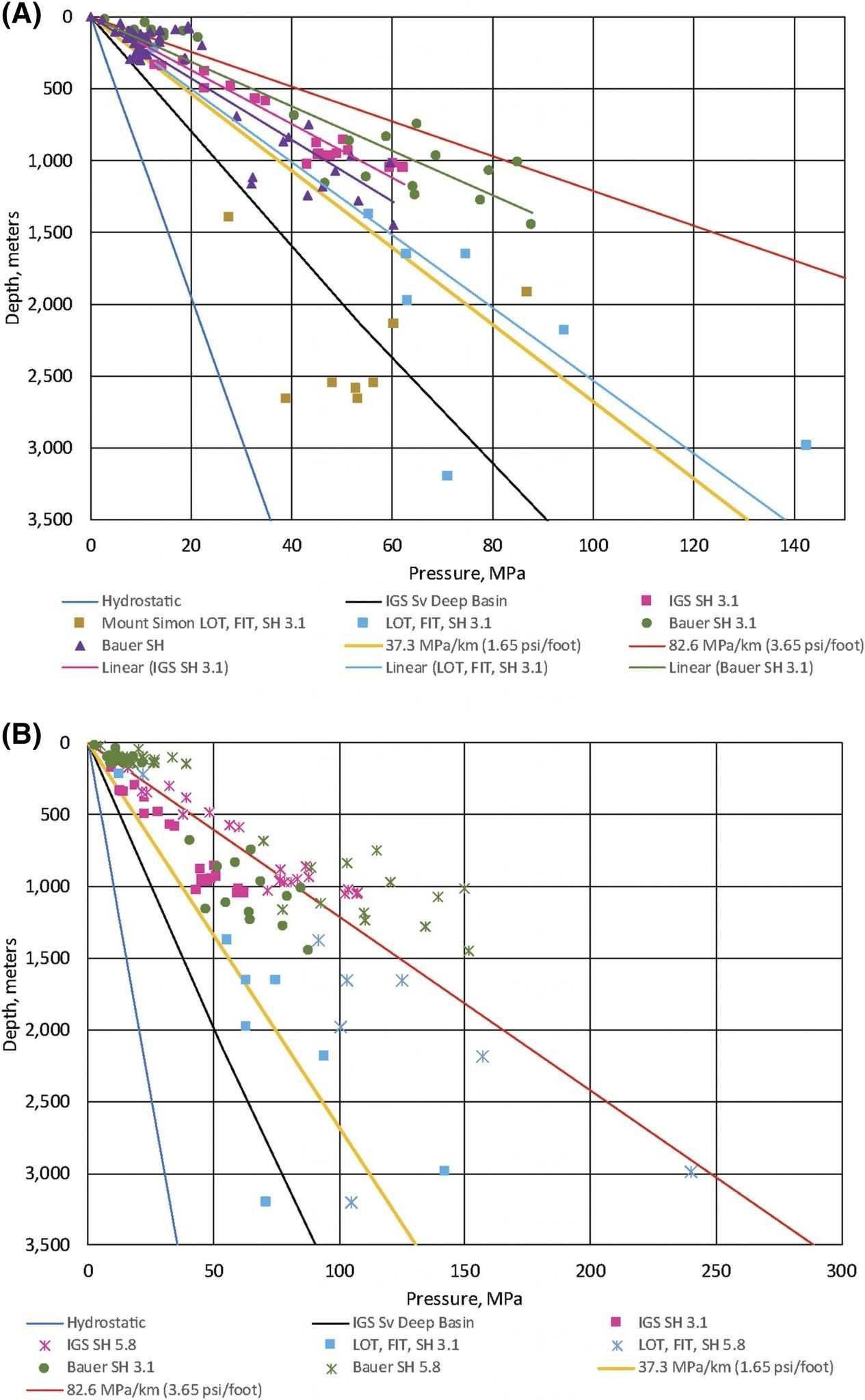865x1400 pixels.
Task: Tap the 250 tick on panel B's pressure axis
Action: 715,1271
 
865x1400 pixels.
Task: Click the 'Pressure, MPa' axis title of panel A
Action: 467,573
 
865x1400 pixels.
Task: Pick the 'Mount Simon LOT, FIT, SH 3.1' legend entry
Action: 203,623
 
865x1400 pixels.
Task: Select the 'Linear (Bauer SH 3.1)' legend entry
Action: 741,667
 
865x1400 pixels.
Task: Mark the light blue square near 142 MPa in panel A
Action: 806,444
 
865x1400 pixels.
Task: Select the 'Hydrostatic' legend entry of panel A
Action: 141,601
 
